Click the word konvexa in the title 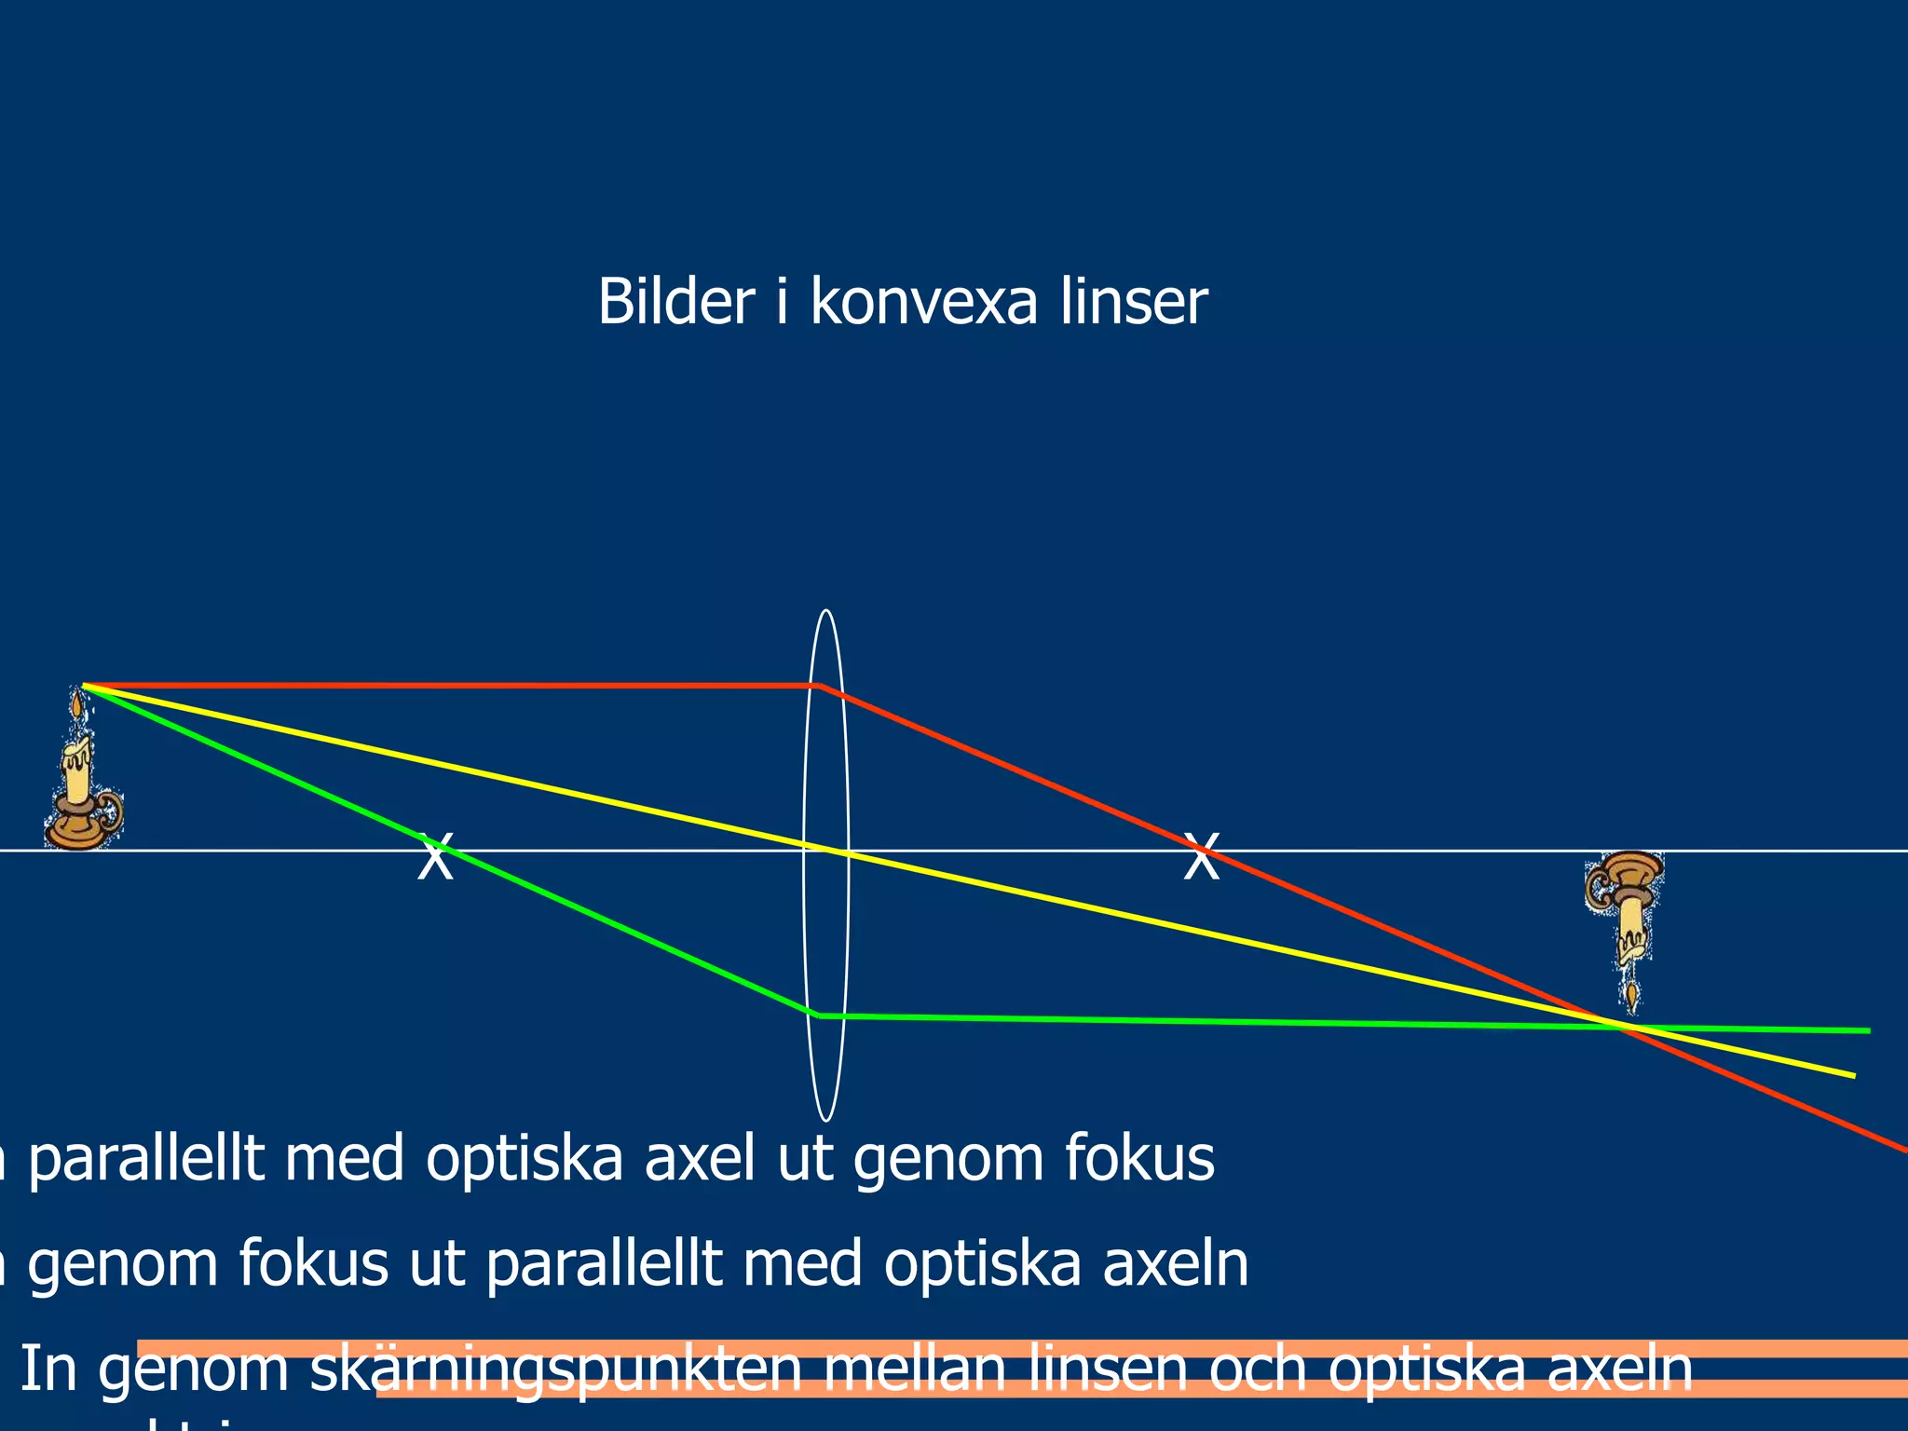point(923,303)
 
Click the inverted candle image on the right point(1625,922)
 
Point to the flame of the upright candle point(76,703)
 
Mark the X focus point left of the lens point(435,858)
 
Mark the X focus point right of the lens point(1201,858)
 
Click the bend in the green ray point(818,1015)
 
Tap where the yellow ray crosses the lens point(825,849)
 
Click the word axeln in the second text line point(1176,1264)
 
